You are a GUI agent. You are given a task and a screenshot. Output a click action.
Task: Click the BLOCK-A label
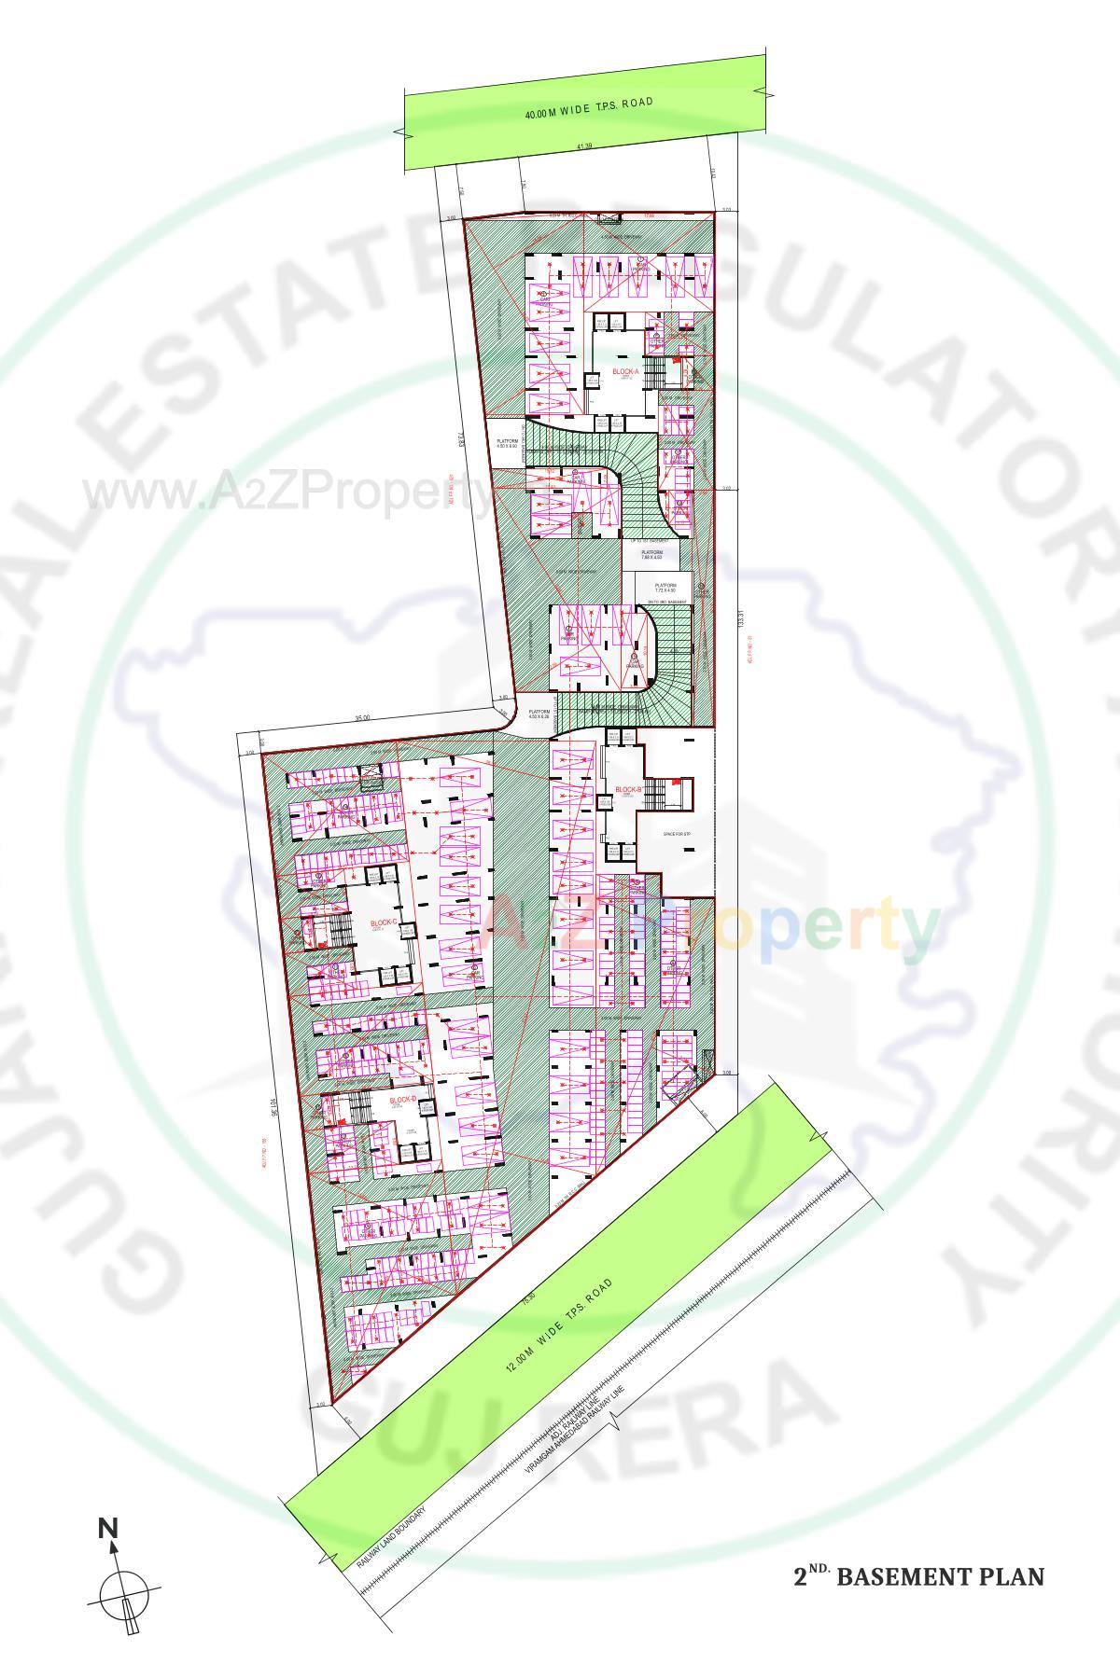click(x=625, y=372)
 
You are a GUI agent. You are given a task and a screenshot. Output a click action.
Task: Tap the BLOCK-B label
click(x=627, y=790)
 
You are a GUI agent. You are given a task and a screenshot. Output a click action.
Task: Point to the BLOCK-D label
click(x=402, y=1101)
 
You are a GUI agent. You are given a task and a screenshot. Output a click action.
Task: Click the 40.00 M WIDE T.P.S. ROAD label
click(x=588, y=108)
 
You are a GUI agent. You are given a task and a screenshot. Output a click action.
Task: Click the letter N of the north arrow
click(x=108, y=1529)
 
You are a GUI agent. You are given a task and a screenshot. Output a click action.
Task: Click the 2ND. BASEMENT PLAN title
click(x=918, y=1576)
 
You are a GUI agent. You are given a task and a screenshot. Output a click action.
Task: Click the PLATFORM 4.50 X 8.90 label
click(x=507, y=444)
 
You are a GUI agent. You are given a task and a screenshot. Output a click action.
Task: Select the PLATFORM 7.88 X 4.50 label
click(x=651, y=555)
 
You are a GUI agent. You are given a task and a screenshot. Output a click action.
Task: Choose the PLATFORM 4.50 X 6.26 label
click(x=539, y=714)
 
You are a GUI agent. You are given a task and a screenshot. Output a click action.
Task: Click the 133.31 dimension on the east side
click(x=739, y=619)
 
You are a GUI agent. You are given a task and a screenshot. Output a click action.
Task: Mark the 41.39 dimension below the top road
click(x=584, y=146)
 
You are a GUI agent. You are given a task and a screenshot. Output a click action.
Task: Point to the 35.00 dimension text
click(x=362, y=718)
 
